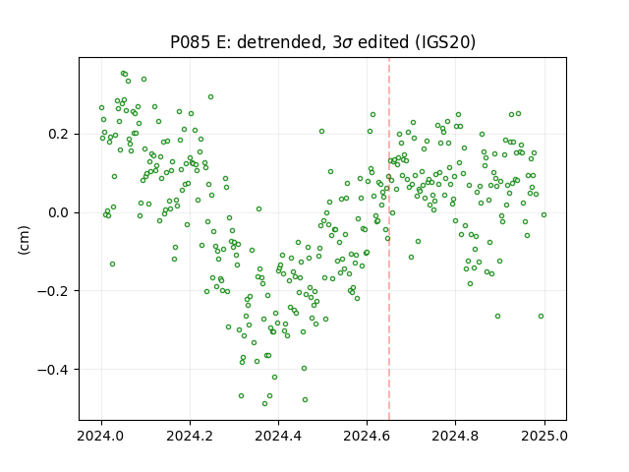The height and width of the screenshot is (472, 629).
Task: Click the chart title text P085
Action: [x=190, y=42]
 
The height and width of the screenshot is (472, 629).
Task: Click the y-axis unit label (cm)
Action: [x=24, y=240]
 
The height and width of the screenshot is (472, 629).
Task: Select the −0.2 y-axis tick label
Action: [x=54, y=291]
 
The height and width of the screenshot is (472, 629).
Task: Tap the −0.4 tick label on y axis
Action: [x=54, y=370]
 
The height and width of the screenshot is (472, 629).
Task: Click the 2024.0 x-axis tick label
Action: [x=101, y=436]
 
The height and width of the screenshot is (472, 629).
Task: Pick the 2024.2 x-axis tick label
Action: [x=190, y=436]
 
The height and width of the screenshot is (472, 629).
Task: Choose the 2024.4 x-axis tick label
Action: [x=278, y=436]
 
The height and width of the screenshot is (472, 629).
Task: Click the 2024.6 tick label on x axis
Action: [x=367, y=436]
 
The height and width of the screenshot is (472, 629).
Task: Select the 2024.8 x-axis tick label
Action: [x=455, y=436]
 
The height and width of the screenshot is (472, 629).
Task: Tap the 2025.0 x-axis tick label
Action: [x=544, y=436]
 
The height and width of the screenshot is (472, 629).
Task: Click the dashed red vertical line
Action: [x=389, y=239]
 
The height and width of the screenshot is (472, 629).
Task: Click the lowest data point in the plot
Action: [x=264, y=403]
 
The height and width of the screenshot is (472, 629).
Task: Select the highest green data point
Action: [x=123, y=74]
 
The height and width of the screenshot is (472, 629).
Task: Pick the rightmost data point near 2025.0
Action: [x=543, y=214]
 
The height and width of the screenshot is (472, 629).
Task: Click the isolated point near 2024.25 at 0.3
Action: [x=210, y=96]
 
